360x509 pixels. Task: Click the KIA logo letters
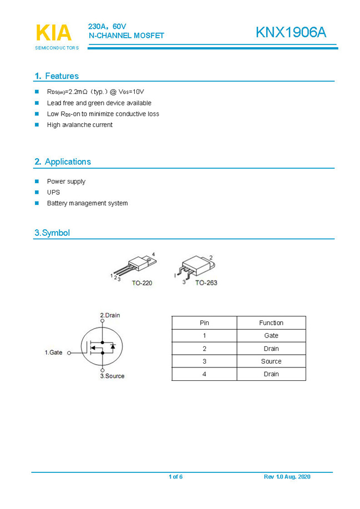(x=54, y=33)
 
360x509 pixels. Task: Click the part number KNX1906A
(x=291, y=33)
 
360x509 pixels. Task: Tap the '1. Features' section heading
(x=57, y=76)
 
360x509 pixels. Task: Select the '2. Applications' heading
(x=63, y=162)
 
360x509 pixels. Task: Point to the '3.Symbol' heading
(x=52, y=233)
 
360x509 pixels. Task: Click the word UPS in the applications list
(x=53, y=193)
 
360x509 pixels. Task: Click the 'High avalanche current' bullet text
(x=79, y=125)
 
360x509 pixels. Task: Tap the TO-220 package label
(x=141, y=283)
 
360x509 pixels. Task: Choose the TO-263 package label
(x=206, y=283)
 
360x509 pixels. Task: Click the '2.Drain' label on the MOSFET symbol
(x=110, y=315)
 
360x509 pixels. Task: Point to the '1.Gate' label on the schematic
(x=54, y=352)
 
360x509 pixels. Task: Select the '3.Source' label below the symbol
(x=112, y=376)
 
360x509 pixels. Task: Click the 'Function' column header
(x=271, y=322)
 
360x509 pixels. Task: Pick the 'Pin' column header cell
(x=204, y=322)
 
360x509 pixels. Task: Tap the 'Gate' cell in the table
(x=271, y=335)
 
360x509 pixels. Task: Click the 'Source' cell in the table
(x=271, y=361)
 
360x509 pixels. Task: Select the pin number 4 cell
(x=204, y=374)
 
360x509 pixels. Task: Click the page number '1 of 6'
(x=175, y=477)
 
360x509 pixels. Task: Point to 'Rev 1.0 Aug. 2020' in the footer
(x=287, y=477)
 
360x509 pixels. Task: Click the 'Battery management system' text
(x=87, y=203)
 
